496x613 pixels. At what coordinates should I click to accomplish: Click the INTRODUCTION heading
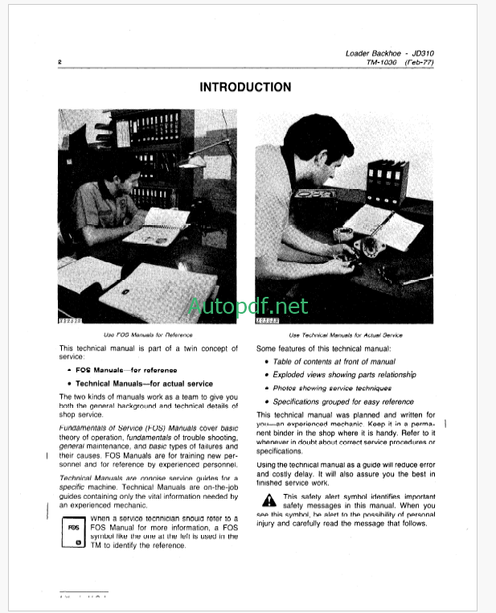(x=245, y=87)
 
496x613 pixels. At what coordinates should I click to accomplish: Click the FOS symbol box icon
(x=72, y=533)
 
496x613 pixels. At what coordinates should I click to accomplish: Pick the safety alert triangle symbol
(x=268, y=501)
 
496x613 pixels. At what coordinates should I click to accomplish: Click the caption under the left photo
(x=149, y=334)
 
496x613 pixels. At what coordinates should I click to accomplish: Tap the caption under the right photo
(x=346, y=334)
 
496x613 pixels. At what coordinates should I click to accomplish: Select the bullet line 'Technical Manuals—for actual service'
(x=138, y=384)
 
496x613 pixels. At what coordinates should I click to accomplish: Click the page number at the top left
(x=60, y=62)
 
